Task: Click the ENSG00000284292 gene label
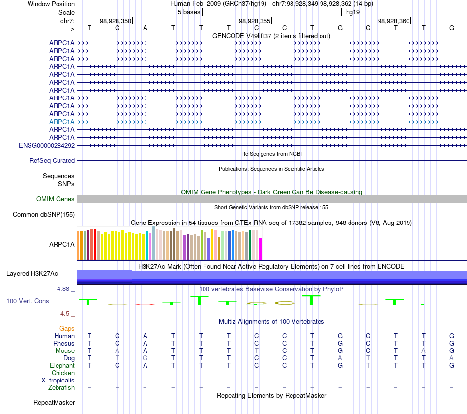47,146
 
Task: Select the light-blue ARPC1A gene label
62,122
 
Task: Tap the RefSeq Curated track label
52,161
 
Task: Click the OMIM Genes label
56,199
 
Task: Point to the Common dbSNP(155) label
44,215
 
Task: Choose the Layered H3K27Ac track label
32,273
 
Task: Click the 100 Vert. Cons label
28,301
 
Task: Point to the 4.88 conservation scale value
63,289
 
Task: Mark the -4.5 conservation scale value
65,314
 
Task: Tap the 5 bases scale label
189,12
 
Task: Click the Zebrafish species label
61,388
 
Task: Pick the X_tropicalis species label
58,381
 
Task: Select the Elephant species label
62,366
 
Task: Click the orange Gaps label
67,328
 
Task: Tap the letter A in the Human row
145,336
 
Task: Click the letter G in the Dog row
145,358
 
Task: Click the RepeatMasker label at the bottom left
54,403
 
